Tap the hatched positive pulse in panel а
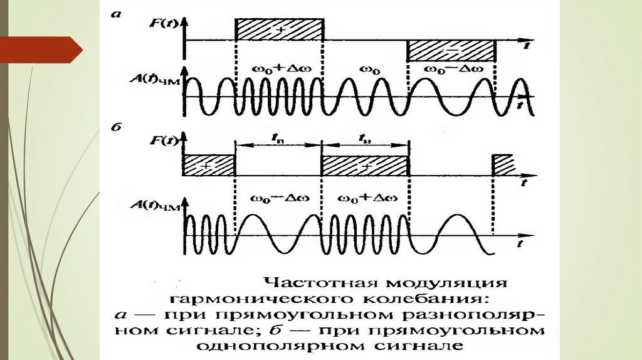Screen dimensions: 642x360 pos(278,30)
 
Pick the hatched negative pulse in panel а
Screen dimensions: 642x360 pos(451,50)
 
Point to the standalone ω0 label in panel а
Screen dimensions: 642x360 pos(367,68)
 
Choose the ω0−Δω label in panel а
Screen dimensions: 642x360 pos(451,68)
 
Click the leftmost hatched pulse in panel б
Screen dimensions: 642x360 pos(209,166)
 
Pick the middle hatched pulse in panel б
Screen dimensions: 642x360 pos(364,166)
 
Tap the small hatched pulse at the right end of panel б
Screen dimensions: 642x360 pos(503,164)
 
